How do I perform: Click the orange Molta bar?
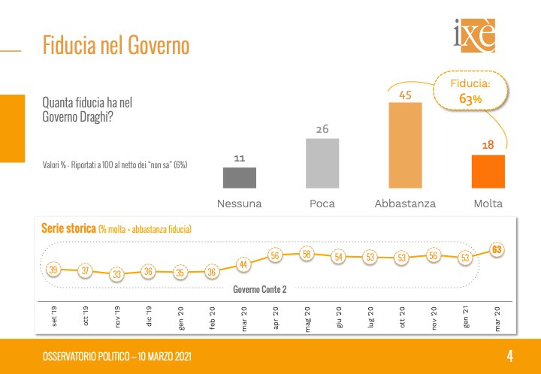(x=488, y=171)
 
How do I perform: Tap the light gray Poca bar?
(x=322, y=163)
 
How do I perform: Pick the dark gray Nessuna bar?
(x=240, y=177)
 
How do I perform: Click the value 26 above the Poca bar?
(x=322, y=130)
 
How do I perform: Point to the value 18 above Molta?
(x=488, y=145)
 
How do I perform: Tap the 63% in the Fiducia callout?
(x=471, y=98)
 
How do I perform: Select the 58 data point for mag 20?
(x=307, y=254)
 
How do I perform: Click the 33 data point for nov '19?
(x=116, y=274)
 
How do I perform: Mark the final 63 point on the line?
(x=497, y=249)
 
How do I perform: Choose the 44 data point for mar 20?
(x=243, y=264)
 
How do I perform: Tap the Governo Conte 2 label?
(x=260, y=288)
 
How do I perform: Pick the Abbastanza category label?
(x=405, y=204)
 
